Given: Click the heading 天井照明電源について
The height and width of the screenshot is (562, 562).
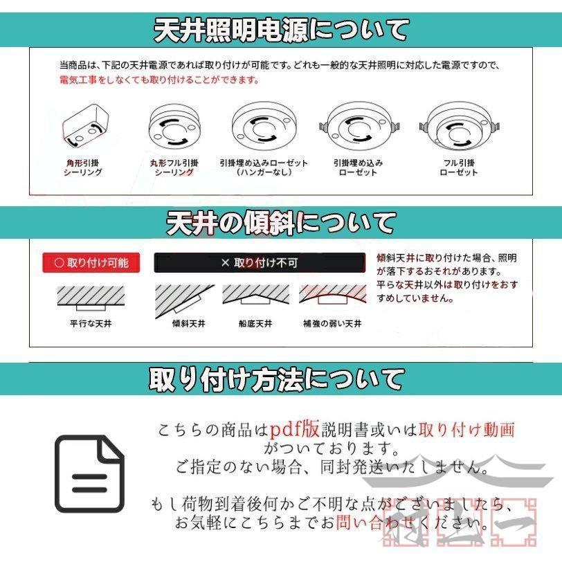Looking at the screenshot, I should pyautogui.click(x=280, y=30).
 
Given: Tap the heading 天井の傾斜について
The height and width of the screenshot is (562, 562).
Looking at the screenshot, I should pyautogui.click(x=280, y=223).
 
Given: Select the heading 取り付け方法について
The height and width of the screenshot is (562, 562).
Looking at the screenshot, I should pyautogui.click(x=277, y=379).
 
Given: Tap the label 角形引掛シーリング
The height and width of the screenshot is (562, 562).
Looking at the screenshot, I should pyautogui.click(x=84, y=167).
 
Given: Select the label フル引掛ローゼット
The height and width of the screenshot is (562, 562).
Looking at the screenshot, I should pyautogui.click(x=459, y=167).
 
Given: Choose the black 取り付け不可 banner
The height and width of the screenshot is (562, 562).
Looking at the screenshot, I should pyautogui.click(x=259, y=263).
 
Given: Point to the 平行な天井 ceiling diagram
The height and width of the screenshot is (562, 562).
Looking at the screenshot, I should pyautogui.click(x=91, y=298).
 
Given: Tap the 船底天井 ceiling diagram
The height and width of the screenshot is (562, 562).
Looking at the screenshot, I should pyautogui.click(x=256, y=296).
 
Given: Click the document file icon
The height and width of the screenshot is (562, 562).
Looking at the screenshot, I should pyautogui.click(x=89, y=473).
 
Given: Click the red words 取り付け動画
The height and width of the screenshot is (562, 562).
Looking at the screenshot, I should pyautogui.click(x=467, y=429).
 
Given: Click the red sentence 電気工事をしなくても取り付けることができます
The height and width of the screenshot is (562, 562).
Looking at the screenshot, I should pyautogui.click(x=159, y=80).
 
